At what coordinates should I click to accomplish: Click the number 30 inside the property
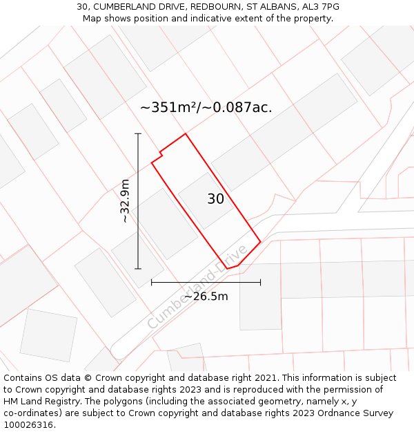click(215, 199)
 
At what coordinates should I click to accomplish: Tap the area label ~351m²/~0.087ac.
click(206, 108)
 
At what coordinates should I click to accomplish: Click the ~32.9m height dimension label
click(124, 200)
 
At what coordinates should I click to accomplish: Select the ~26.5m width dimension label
click(206, 297)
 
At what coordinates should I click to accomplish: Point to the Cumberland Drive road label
click(197, 287)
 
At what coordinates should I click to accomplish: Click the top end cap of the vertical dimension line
click(138, 133)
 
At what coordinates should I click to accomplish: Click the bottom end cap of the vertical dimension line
click(138, 268)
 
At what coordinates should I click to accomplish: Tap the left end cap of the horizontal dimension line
click(152, 282)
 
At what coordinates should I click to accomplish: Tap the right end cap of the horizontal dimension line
click(260, 282)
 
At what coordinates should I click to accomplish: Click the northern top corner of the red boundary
click(186, 134)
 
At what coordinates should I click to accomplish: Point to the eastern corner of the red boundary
click(260, 242)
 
